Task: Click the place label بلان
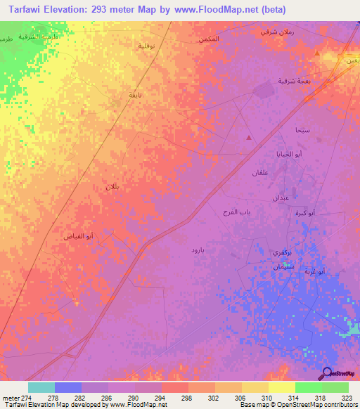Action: (x=113, y=187)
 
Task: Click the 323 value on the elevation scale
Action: (x=344, y=398)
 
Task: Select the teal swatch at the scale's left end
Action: (x=41, y=387)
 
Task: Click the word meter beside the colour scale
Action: (x=10, y=398)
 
